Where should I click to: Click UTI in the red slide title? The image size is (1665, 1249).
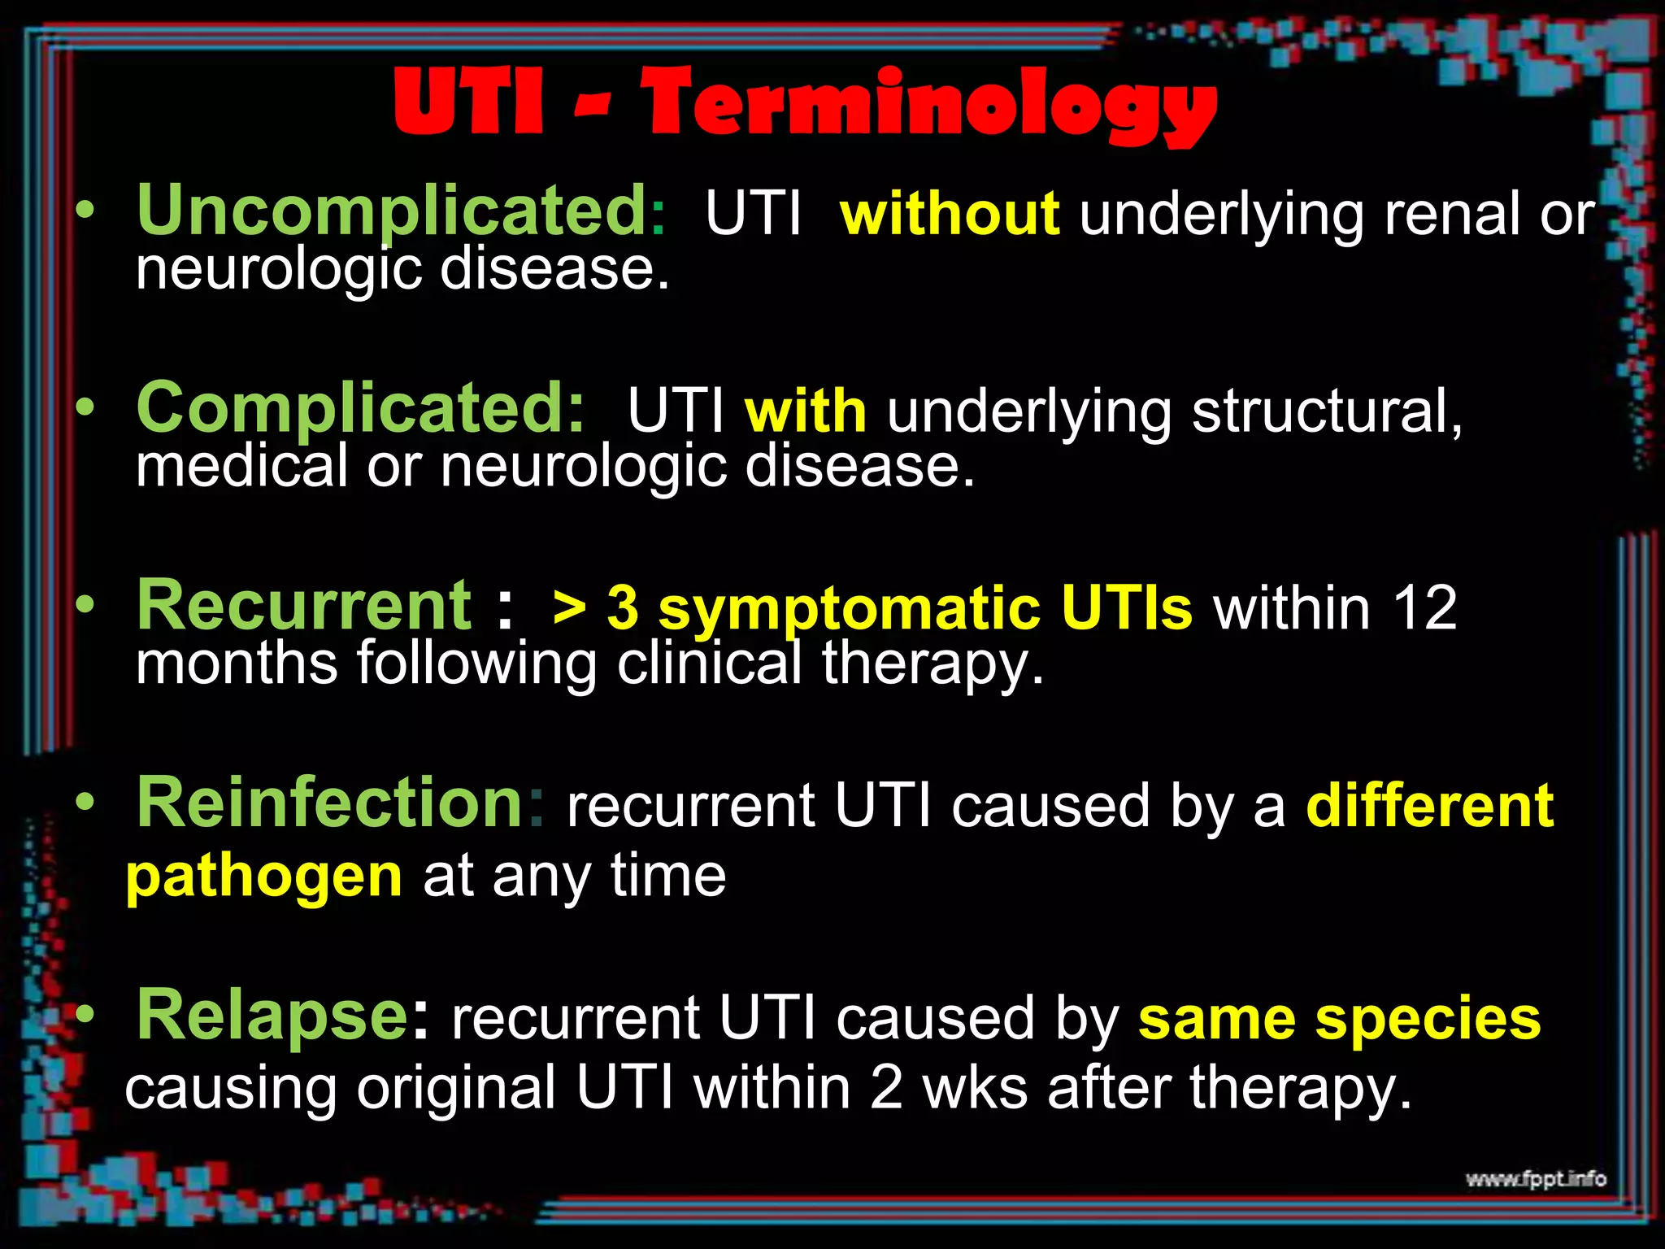click(468, 102)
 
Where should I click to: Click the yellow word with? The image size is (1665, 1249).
click(805, 411)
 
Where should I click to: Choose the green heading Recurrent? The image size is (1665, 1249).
click(304, 606)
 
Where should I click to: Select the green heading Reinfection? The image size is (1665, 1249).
click(329, 803)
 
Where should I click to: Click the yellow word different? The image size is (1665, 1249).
click(1429, 806)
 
